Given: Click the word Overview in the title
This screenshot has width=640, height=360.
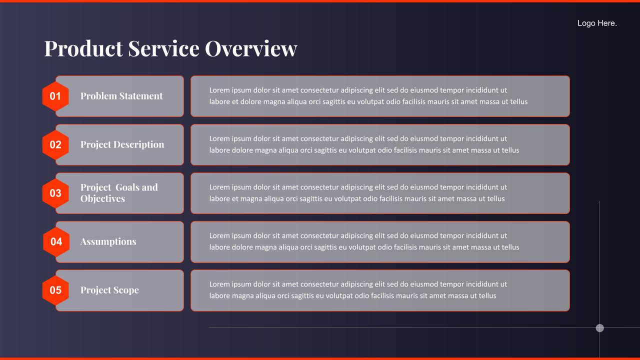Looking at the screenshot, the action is coord(251,48).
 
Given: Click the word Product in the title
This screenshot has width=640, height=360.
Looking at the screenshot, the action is coord(83,48).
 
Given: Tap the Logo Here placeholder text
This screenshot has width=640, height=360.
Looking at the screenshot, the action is coord(597,23).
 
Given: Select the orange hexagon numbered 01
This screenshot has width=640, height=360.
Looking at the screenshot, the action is coord(55,96).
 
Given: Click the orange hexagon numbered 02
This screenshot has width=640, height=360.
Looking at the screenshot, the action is coord(55,145).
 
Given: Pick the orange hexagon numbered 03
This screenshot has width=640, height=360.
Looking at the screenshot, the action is coord(55,193).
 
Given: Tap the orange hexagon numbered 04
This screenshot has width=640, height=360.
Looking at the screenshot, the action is coord(56,242).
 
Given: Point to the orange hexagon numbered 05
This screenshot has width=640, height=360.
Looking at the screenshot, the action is coord(55,290).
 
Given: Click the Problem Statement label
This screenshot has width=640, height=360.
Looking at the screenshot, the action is coord(121,96).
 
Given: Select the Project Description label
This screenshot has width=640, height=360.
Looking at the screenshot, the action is coord(122,144).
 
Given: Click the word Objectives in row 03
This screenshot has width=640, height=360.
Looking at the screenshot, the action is coord(102,198).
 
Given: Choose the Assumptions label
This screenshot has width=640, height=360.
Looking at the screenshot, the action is coord(108,241).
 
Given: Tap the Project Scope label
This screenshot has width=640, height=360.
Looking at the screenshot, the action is coord(109,290).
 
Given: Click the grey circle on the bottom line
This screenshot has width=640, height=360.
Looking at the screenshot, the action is coord(599,328).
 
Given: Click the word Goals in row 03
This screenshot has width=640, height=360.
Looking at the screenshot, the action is coord(127,187).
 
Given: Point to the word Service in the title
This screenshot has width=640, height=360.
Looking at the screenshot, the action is coord(163,48).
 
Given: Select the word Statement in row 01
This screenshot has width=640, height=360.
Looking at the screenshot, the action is coord(141,96).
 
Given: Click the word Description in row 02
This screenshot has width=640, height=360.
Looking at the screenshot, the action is coord(139,144).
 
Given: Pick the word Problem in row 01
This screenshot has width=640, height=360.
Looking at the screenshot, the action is coord(99,96).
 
